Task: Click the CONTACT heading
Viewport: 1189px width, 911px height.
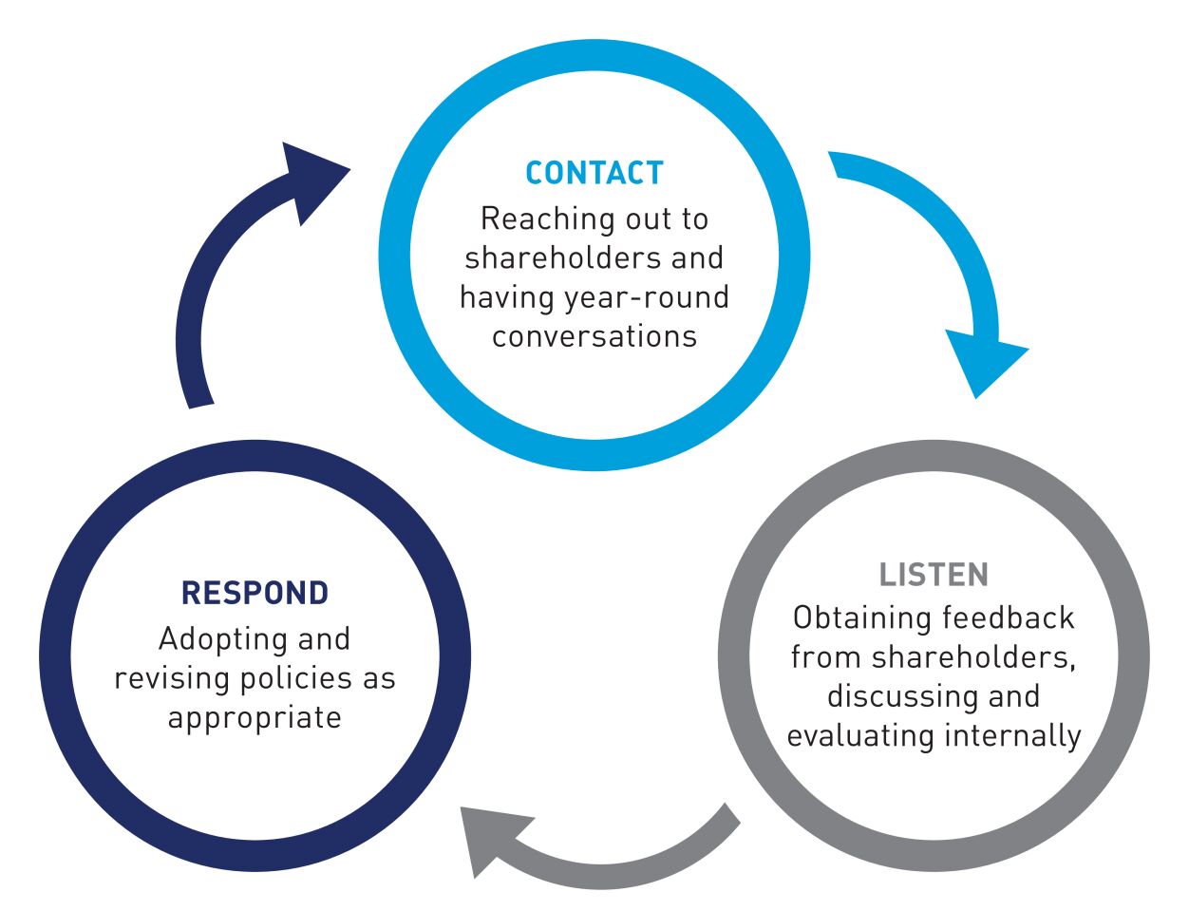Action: [x=594, y=173]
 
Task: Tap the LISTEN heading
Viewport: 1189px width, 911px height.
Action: [x=934, y=575]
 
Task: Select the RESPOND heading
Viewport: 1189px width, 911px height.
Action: [x=255, y=593]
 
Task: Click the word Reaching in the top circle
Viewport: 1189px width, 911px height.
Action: [x=535, y=219]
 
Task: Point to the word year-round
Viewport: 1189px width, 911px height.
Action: [x=647, y=297]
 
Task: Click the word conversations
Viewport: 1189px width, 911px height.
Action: [x=594, y=336]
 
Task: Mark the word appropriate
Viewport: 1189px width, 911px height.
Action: [x=255, y=718]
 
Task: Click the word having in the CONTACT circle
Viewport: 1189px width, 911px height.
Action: [x=507, y=297]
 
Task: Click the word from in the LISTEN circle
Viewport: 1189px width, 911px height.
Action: [x=826, y=657]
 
